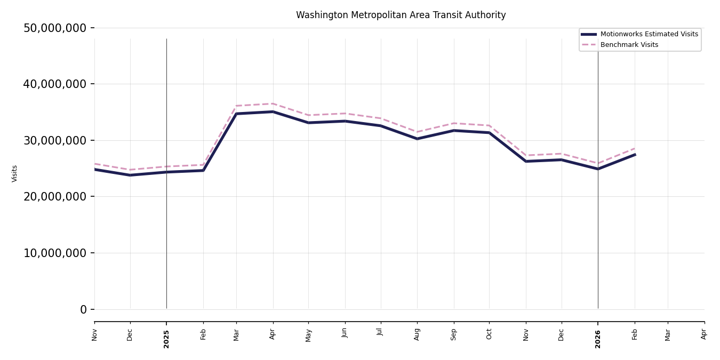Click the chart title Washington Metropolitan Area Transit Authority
click(401, 15)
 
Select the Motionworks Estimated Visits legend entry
click(649, 34)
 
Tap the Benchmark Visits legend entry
click(629, 45)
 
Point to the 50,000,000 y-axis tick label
click(54, 28)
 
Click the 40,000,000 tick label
click(54, 84)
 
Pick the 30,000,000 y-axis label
click(54, 140)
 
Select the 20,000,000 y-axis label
click(54, 197)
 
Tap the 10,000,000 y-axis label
click(54, 253)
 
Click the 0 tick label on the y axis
click(83, 309)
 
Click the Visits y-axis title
click(15, 173)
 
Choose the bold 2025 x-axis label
click(166, 339)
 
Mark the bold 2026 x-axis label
click(598, 339)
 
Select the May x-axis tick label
click(308, 335)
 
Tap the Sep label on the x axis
click(454, 334)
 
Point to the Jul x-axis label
click(381, 332)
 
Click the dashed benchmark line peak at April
click(273, 103)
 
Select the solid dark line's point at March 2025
click(236, 114)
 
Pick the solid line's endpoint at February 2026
click(635, 155)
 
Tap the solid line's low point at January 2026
click(598, 169)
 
